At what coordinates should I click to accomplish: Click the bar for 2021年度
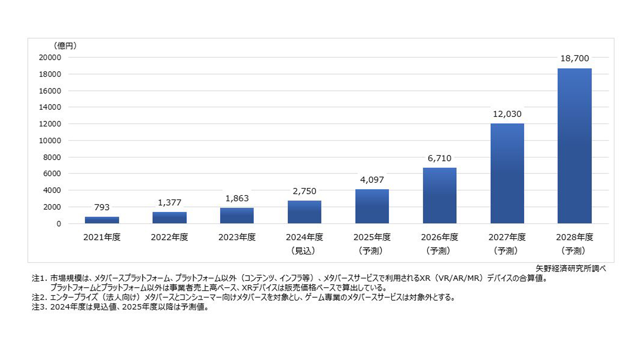[x=102, y=220]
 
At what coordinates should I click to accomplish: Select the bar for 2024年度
[x=304, y=212]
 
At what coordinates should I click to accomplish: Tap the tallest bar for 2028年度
[x=574, y=146]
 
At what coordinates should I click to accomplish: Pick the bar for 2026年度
[x=439, y=195]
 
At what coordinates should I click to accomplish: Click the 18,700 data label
[x=574, y=58]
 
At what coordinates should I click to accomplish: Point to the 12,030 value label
[x=507, y=114]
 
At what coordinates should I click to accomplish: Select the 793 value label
[x=102, y=207]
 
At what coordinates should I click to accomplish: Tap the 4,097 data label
[x=372, y=180]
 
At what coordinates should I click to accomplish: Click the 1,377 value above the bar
[x=169, y=202]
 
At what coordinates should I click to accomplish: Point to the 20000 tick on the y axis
[x=50, y=57]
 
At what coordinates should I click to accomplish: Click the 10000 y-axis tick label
[x=50, y=141]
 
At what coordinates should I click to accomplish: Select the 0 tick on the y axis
[x=59, y=224]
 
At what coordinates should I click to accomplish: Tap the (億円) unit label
[x=65, y=46]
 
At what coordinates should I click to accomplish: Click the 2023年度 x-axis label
[x=237, y=237]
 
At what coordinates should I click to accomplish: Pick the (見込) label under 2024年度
[x=303, y=251]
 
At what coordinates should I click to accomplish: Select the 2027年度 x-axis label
[x=507, y=237]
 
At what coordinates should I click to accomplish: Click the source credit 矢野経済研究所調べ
[x=570, y=268]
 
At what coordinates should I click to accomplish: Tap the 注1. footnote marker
[x=40, y=278]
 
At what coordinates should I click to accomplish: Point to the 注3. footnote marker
[x=40, y=307]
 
